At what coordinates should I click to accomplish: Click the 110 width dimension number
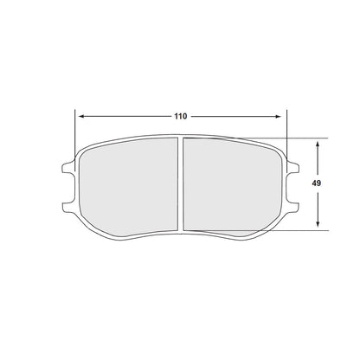pyautogui.click(x=180, y=115)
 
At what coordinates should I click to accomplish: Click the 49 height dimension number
pyautogui.click(x=318, y=183)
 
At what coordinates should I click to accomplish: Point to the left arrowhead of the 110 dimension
pyautogui.click(x=80, y=115)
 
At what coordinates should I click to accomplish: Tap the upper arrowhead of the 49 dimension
pyautogui.click(x=318, y=141)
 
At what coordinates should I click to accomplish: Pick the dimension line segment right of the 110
pyautogui.click(x=238, y=115)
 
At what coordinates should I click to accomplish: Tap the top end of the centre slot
pyautogui.click(x=180, y=138)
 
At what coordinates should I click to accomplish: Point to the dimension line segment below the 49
pyautogui.click(x=318, y=208)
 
